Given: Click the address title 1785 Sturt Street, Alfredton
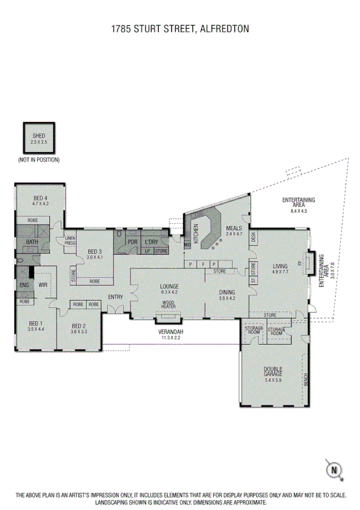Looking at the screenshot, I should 180,28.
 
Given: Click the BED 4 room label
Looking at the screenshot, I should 40,201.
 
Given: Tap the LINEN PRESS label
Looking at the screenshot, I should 70,241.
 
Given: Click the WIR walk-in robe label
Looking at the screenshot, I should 43,285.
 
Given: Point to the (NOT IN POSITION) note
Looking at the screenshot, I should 38,160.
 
